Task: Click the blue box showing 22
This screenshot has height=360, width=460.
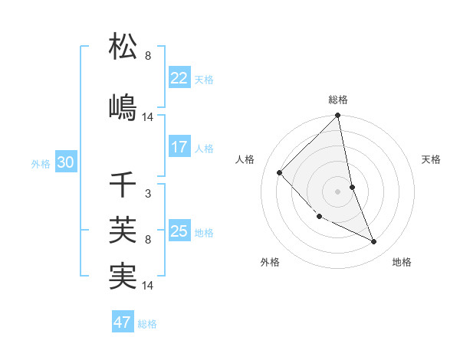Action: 179,78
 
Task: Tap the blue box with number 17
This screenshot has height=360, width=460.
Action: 179,147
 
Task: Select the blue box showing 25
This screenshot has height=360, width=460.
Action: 179,231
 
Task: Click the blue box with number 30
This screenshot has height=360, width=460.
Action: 65,162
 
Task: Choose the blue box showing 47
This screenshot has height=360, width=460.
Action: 123,322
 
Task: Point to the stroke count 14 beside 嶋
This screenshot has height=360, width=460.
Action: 148,116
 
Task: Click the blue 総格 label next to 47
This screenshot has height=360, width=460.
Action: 147,324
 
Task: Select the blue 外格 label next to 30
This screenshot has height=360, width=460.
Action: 41,163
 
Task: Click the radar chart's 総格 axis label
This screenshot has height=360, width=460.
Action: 338,100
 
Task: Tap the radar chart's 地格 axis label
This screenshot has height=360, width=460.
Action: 402,263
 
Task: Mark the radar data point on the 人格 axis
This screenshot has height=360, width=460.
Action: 280,172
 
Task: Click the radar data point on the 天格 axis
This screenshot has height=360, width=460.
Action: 352,187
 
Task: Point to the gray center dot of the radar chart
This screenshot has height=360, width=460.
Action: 338,191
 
